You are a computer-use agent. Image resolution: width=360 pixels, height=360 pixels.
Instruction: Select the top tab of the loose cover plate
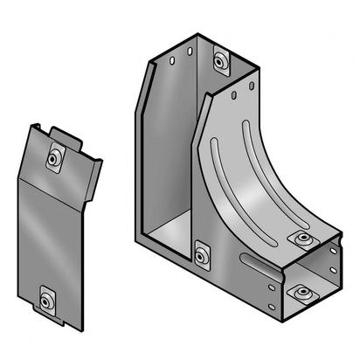click(x=60, y=134)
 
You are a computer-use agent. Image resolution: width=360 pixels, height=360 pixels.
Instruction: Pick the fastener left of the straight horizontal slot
click(x=204, y=255)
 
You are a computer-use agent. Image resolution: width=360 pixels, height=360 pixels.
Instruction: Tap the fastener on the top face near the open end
click(x=303, y=239)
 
